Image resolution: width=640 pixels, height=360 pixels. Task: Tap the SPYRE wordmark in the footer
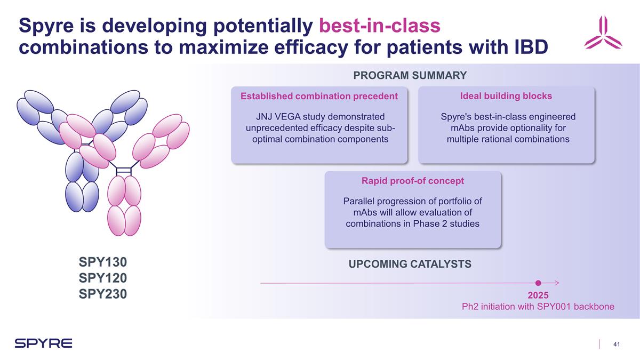(x=43, y=343)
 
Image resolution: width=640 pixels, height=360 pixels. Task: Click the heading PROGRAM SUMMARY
(x=410, y=76)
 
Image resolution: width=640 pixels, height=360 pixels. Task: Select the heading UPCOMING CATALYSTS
(x=410, y=264)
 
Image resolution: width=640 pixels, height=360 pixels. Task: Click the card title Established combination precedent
(x=319, y=97)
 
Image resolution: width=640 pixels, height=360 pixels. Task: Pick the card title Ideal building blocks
(x=506, y=96)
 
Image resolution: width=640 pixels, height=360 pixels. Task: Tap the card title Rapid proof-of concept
(x=413, y=181)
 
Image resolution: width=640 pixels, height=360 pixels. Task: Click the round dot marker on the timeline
(x=538, y=283)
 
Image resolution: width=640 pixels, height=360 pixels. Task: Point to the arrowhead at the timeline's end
(x=556, y=283)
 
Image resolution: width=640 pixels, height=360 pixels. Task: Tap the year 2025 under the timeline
(x=538, y=295)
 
